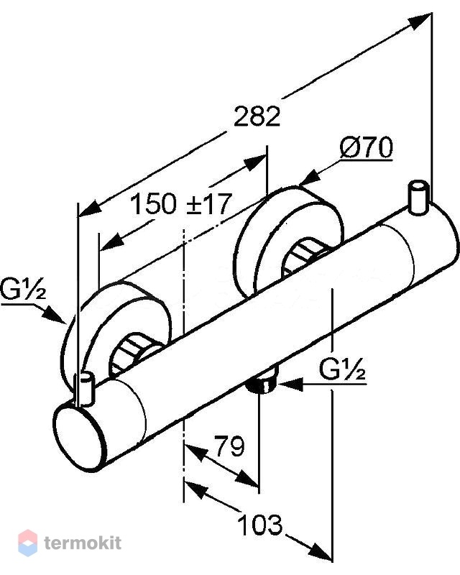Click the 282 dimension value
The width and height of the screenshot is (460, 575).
click(x=257, y=116)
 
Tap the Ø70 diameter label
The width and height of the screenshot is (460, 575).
click(x=366, y=147)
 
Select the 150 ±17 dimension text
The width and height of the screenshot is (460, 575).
click(x=181, y=204)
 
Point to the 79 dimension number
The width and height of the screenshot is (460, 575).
click(x=229, y=446)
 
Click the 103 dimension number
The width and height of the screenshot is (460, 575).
click(x=260, y=525)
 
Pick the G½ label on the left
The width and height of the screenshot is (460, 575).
click(x=23, y=289)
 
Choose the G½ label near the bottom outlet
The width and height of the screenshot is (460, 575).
click(x=342, y=369)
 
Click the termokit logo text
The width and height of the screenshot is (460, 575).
click(x=83, y=543)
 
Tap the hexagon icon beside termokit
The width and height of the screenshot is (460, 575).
click(x=27, y=543)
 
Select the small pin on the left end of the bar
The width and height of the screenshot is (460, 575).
click(x=85, y=389)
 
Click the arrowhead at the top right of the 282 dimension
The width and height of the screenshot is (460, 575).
click(x=421, y=22)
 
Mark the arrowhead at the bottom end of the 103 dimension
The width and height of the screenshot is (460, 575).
click(x=321, y=551)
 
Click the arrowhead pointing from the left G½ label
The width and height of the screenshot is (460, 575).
click(x=55, y=316)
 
